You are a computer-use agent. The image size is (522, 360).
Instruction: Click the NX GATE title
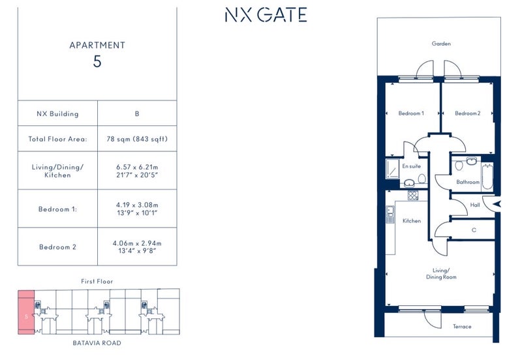point(265,15)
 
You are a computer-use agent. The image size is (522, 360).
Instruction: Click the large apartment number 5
point(97,63)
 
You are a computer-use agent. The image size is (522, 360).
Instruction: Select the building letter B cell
point(137,113)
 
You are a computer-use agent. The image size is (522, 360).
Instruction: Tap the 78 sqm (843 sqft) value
point(137,139)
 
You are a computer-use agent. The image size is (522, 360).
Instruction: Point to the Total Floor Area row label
point(57,139)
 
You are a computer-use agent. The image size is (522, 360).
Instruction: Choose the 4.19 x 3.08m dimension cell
point(137,209)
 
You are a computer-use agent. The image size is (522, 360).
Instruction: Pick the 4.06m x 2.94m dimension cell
point(137,247)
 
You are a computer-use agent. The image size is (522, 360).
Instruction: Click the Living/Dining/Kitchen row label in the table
point(57,171)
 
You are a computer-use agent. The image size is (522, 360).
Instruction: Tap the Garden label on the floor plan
point(441,44)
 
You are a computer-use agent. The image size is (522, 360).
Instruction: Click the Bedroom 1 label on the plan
point(411,113)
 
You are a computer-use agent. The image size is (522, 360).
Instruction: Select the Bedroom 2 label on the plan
point(467,113)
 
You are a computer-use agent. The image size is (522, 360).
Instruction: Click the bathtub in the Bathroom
point(487,176)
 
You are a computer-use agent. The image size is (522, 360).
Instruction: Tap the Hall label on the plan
point(474,205)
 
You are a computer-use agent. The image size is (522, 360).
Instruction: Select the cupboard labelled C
point(474,230)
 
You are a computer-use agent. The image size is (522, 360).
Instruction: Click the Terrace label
point(462,326)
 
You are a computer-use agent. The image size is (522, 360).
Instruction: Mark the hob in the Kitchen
point(412,194)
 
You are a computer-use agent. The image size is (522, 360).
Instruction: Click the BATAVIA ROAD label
point(97,342)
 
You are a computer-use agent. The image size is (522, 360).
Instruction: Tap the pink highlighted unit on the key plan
point(26,313)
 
